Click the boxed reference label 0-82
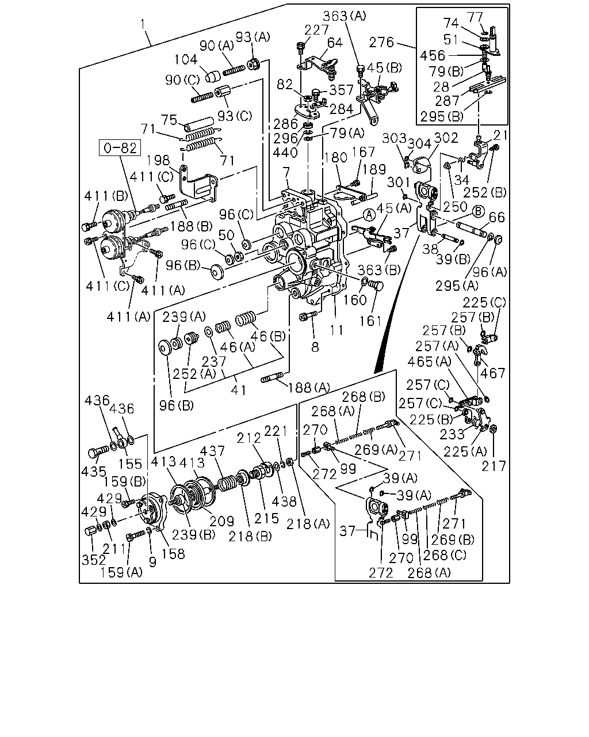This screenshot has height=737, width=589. (x=120, y=148)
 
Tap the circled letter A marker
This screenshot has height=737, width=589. (x=369, y=215)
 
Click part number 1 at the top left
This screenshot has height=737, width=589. (x=143, y=25)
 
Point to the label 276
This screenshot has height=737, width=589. (x=381, y=43)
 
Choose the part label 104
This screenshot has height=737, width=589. (x=186, y=59)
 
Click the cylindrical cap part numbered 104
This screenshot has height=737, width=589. (x=213, y=76)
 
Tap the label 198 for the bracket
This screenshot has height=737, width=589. (x=158, y=160)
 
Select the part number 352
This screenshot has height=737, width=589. (x=94, y=560)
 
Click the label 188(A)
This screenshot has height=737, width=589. (x=309, y=388)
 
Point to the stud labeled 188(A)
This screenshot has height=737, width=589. (x=272, y=377)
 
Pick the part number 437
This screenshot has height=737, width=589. (x=212, y=451)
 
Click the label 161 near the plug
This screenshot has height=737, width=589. (x=370, y=321)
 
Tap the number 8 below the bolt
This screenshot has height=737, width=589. (x=315, y=347)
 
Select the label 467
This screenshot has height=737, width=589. (x=493, y=373)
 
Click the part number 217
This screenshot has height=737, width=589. (x=494, y=466)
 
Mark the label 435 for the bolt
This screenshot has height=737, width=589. (x=94, y=472)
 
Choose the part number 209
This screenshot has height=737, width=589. (x=222, y=521)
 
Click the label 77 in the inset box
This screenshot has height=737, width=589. (x=475, y=17)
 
